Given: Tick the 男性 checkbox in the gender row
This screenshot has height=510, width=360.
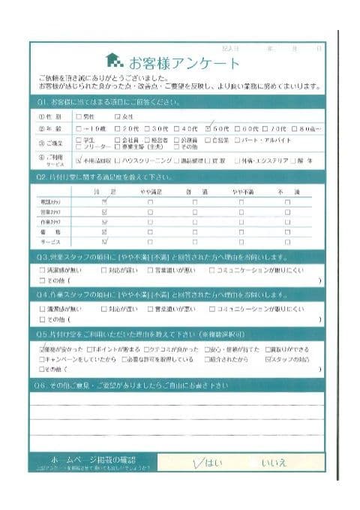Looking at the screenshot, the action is [79, 116].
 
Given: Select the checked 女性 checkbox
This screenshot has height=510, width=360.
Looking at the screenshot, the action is [117, 116].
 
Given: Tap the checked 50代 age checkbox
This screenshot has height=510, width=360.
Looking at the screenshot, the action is [209, 128].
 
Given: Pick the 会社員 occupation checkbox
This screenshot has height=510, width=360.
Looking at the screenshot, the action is [117, 140].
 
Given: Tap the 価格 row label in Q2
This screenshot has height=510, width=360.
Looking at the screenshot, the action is [46, 232].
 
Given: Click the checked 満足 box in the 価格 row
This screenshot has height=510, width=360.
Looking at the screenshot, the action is [104, 232].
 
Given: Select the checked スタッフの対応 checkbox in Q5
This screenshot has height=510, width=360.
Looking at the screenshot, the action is [269, 359].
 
